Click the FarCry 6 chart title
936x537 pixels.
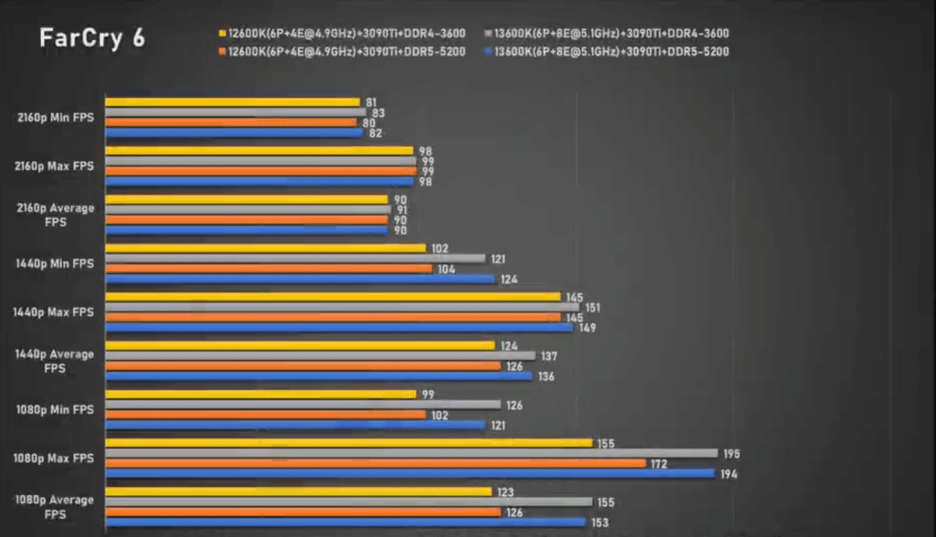[x=91, y=38]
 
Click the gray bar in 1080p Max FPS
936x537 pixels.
[x=411, y=453]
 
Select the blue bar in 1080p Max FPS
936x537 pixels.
[x=409, y=473]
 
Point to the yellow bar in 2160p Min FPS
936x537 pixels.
[x=233, y=102]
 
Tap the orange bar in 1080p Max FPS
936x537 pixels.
[x=376, y=463]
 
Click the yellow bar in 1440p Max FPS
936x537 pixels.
[x=333, y=297]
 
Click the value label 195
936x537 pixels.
[x=731, y=454]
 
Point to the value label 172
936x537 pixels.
[x=659, y=464]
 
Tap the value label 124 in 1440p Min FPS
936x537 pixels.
[x=509, y=279]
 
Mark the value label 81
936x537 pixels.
[x=371, y=102]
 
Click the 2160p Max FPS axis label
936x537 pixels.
[x=54, y=166]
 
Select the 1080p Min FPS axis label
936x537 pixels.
[x=54, y=409]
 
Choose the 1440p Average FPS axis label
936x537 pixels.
[x=54, y=360]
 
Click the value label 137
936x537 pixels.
[x=549, y=356]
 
